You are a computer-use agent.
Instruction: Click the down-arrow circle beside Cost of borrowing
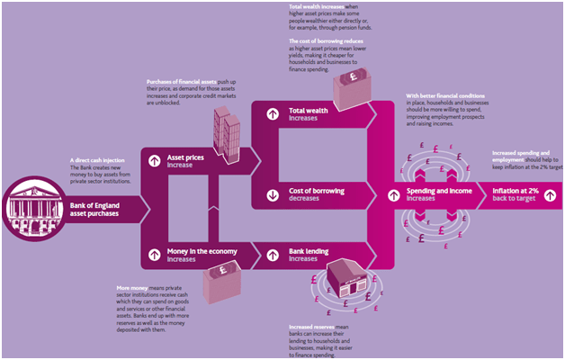click(x=270, y=194)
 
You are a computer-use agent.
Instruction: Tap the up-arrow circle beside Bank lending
click(x=270, y=254)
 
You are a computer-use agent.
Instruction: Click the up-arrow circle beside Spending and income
click(x=392, y=194)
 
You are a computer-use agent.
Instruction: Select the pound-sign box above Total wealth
click(x=346, y=86)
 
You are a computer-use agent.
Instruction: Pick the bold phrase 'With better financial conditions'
click(x=442, y=94)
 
